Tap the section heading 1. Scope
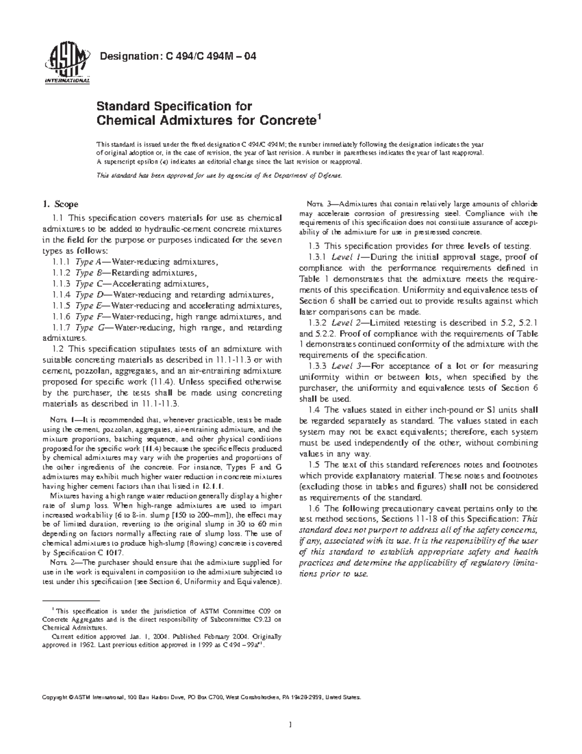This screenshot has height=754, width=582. coord(61,204)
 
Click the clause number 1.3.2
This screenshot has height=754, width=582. coord(318,322)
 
